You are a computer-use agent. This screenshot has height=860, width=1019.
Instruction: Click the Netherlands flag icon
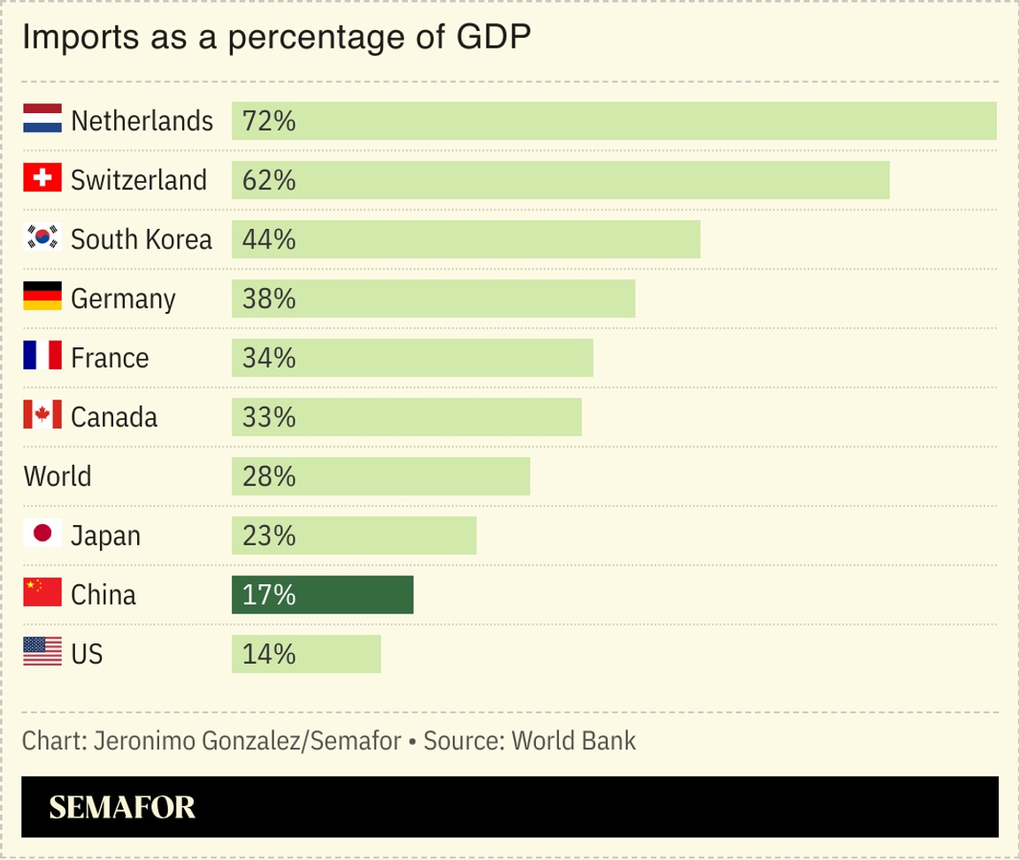click(x=42, y=119)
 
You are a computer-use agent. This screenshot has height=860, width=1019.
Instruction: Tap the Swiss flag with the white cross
click(x=42, y=179)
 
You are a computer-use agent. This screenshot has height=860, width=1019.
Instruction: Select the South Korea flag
click(x=42, y=238)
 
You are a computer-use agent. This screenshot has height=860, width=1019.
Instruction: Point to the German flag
click(x=42, y=298)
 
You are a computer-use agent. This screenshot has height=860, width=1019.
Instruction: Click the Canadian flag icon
click(x=42, y=415)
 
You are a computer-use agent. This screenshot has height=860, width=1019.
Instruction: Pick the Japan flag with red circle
click(x=42, y=534)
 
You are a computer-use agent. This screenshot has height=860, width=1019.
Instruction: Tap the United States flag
click(x=42, y=653)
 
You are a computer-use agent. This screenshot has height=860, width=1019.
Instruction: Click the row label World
click(x=57, y=476)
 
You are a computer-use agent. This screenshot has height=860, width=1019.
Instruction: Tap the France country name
click(x=110, y=358)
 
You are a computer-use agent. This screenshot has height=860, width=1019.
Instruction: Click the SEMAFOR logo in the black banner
click(x=122, y=806)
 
